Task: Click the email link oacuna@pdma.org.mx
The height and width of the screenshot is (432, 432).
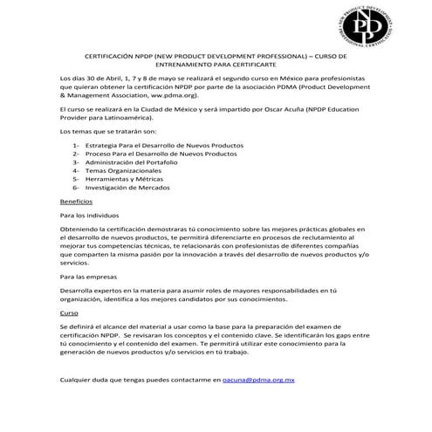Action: (x=260, y=381)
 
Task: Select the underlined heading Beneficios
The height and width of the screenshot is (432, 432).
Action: (x=76, y=201)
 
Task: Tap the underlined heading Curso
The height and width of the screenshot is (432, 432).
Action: (x=69, y=312)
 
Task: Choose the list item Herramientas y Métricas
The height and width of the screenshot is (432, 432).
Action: (x=132, y=179)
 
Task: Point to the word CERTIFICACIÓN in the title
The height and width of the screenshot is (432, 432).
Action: (x=122, y=54)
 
